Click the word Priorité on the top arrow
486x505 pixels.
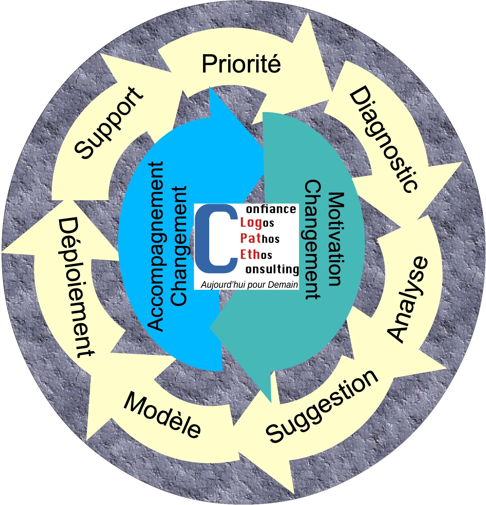[241, 64]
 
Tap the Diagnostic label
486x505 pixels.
[384, 139]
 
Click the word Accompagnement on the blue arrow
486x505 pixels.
[156, 246]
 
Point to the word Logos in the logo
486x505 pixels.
[257, 223]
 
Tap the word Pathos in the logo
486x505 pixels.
[259, 239]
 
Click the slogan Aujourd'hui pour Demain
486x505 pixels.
[249, 285]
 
